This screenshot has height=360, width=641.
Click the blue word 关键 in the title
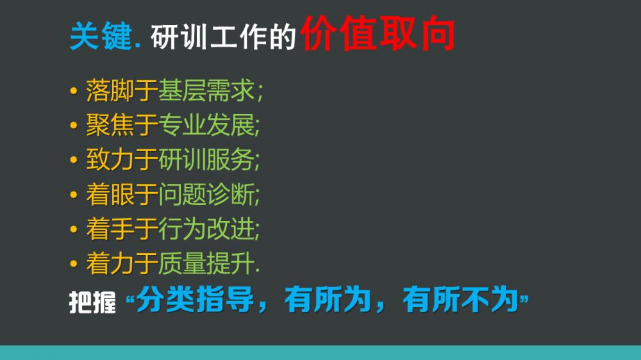coord(101,37)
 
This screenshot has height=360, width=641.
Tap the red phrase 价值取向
coord(378,33)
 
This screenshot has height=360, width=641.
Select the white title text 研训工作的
coord(223,37)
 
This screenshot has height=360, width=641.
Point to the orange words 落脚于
coord(122,90)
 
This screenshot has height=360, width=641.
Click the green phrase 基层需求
coord(206,90)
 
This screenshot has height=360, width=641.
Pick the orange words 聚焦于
coord(122,125)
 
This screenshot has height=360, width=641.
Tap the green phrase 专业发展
coord(206,125)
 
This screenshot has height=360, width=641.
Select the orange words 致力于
coord(122,160)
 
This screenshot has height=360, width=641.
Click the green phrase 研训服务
coord(206,160)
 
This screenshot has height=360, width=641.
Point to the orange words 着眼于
coord(122,194)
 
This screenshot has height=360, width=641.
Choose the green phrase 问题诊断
coord(206,194)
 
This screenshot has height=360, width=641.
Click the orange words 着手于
coord(122,229)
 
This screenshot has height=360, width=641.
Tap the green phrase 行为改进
coord(206,229)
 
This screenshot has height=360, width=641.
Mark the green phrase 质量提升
coord(206,263)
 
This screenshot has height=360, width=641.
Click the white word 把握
coord(92,302)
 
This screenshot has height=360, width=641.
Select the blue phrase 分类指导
coord(196,300)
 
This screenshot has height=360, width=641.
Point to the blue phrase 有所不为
coord(461,300)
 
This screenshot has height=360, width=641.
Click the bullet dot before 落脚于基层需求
coord(74,91)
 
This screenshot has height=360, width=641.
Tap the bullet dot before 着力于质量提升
coord(74,263)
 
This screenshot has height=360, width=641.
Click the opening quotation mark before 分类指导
coord(130,301)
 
